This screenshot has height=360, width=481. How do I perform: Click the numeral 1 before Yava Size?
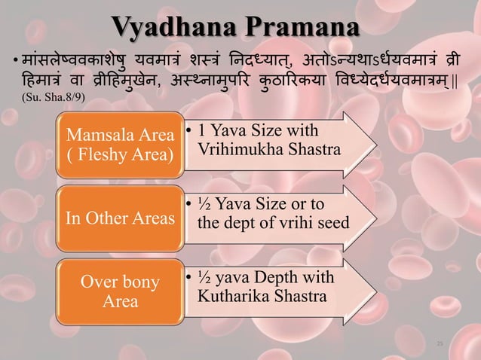coord(203,132)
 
